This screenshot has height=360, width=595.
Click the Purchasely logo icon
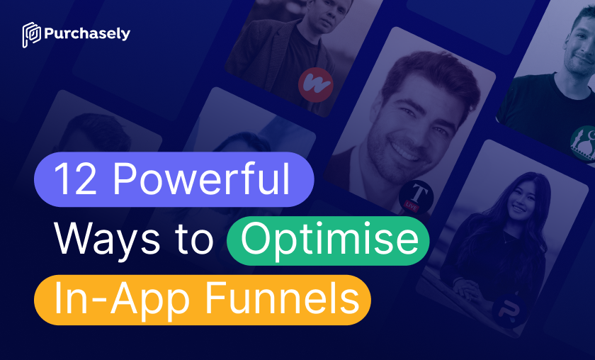click(x=31, y=35)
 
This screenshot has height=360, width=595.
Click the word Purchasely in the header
click(x=87, y=34)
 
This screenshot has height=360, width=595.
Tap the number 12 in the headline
click(x=76, y=179)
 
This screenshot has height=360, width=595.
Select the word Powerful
click(x=202, y=179)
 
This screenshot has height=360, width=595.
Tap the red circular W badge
click(x=316, y=84)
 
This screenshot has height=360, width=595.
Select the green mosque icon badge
click(x=585, y=144)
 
